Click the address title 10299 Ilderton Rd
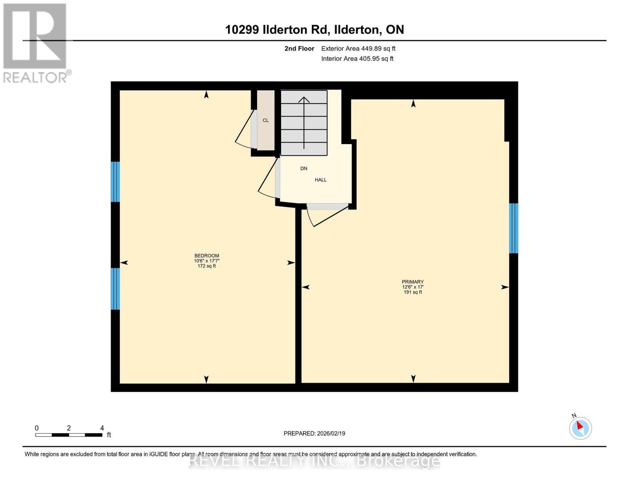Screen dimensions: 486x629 (314, 30)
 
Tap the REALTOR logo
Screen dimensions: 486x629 (36, 43)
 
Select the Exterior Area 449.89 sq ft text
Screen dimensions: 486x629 (358, 49)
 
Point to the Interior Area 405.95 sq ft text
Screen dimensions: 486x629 (357, 59)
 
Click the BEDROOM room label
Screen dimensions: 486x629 (207, 256)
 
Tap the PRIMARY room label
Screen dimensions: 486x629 (412, 282)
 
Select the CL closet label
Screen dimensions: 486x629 (266, 120)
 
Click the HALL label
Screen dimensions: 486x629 (320, 180)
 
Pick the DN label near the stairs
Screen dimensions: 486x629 (304, 168)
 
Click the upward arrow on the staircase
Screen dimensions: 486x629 (304, 122)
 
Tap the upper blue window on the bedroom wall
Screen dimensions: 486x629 (115, 182)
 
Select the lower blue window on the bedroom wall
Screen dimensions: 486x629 (115, 289)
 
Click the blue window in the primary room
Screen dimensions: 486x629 (513, 228)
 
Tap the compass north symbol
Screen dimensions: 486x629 (580, 428)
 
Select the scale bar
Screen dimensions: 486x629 (68, 435)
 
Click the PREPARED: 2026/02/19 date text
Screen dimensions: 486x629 (314, 433)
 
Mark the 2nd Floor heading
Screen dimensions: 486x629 (299, 49)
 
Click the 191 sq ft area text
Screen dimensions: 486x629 (412, 292)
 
